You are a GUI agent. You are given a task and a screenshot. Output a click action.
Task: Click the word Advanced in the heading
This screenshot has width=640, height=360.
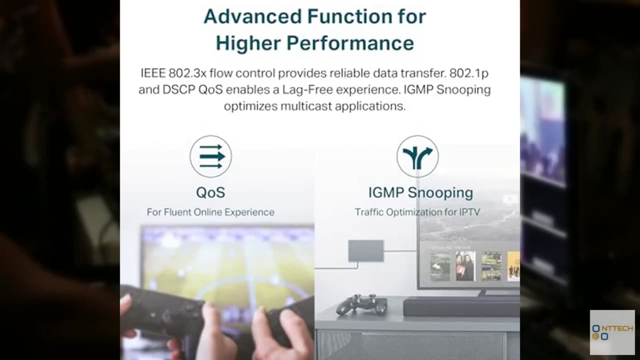point(253,16)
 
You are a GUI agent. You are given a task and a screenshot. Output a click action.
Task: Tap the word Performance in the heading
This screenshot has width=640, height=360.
point(350,43)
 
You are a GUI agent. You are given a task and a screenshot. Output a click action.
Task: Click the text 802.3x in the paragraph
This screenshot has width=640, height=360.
point(187,73)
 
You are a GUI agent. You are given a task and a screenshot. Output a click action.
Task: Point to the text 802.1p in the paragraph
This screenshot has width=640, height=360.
point(469,73)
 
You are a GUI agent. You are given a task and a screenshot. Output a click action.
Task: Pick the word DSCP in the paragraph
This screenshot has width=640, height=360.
point(178,89)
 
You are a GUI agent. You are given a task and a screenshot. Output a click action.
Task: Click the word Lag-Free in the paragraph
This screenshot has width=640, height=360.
point(307,90)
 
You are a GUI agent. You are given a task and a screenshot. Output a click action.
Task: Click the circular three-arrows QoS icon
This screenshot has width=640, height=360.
point(211,156)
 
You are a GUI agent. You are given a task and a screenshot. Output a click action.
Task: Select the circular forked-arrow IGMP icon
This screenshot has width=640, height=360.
point(417,156)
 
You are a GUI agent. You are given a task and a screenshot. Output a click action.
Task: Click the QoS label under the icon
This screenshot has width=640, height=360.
point(211,192)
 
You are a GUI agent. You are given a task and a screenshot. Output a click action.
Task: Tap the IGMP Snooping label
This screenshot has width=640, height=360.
point(420,193)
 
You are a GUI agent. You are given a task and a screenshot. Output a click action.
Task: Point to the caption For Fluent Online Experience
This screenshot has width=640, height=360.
point(210,212)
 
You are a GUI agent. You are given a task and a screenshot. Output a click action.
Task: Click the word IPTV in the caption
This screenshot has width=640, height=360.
point(469,212)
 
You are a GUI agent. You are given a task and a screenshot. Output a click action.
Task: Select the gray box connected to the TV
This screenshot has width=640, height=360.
point(366,251)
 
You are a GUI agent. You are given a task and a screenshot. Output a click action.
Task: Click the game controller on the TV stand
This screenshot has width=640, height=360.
point(361,304)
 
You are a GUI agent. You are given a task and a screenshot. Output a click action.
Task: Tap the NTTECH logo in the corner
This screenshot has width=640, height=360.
point(612,332)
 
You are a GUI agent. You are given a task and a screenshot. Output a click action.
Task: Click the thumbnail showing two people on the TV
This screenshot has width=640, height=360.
point(465,266)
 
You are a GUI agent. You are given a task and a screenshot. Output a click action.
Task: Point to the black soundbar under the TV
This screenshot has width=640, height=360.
point(461,307)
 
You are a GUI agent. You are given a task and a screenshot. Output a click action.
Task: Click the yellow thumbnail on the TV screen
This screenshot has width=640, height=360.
point(513,266)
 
